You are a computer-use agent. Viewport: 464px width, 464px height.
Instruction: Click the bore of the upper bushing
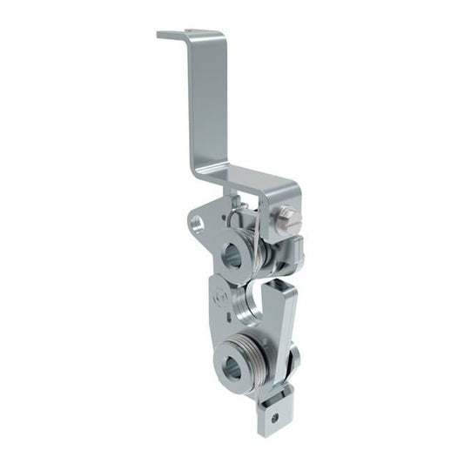click(x=233, y=256)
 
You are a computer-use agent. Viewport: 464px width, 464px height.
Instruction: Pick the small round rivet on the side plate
click(x=220, y=298)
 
